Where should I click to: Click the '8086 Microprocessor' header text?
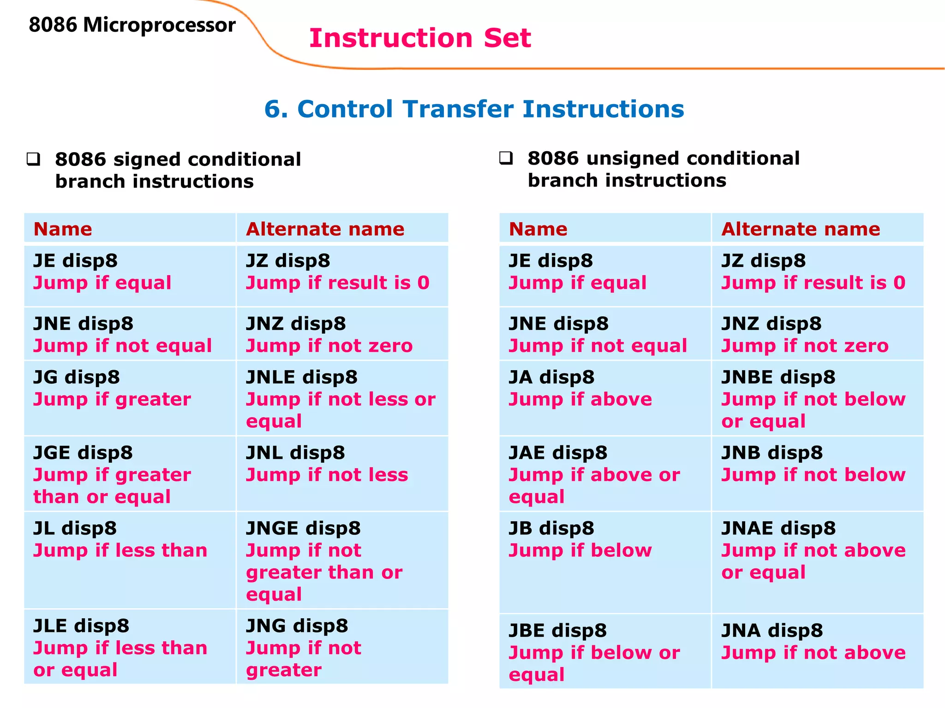tap(132, 25)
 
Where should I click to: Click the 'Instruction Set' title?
tap(420, 38)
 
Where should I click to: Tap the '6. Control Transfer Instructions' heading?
tap(474, 109)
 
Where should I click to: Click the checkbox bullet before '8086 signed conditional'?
tap(34, 159)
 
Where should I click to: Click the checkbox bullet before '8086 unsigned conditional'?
tap(506, 159)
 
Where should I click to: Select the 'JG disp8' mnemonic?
tap(77, 377)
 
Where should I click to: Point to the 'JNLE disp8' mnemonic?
tap(302, 377)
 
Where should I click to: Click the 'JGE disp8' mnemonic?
tap(83, 453)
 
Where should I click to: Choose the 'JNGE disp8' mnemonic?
tap(303, 528)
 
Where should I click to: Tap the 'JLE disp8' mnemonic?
tap(81, 626)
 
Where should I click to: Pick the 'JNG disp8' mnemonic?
tap(297, 626)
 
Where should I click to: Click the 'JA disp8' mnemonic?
tap(551, 377)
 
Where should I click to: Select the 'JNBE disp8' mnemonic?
tap(778, 377)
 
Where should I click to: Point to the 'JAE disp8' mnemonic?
tap(558, 453)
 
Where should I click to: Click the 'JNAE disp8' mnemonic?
tap(778, 528)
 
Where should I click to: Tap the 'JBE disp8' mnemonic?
tap(557, 631)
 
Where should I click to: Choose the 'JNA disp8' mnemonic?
tap(772, 631)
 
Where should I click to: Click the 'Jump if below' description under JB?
tap(580, 550)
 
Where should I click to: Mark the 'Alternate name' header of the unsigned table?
tap(801, 229)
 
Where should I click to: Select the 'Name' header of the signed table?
tap(63, 229)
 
